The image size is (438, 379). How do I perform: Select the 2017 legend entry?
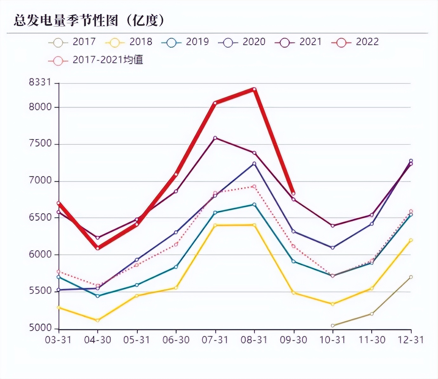click(x=72, y=42)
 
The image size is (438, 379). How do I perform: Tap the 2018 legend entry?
click(x=129, y=42)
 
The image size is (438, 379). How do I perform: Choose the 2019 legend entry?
click(x=185, y=42)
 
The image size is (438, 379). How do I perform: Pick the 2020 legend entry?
click(x=242, y=42)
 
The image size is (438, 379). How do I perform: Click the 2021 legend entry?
click(x=298, y=42)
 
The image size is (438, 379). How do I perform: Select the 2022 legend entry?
click(x=355, y=42)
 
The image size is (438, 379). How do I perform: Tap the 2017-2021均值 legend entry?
click(x=96, y=60)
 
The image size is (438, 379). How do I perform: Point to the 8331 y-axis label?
click(x=40, y=82)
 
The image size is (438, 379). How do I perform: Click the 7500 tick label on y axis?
click(x=40, y=144)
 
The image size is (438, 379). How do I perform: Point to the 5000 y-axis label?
click(x=40, y=328)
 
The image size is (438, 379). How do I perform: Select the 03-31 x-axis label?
click(x=58, y=340)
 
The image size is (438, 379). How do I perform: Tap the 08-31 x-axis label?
click(x=254, y=340)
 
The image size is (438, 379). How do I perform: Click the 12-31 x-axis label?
click(x=411, y=340)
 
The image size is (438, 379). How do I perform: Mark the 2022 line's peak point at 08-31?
click(x=254, y=89)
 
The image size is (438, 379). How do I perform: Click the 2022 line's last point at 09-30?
click(x=293, y=193)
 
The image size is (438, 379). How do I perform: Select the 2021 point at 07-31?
click(x=215, y=138)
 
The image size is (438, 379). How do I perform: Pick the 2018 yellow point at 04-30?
click(x=97, y=320)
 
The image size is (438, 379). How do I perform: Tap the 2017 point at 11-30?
click(x=372, y=314)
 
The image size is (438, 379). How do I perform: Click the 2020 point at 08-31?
click(x=254, y=164)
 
